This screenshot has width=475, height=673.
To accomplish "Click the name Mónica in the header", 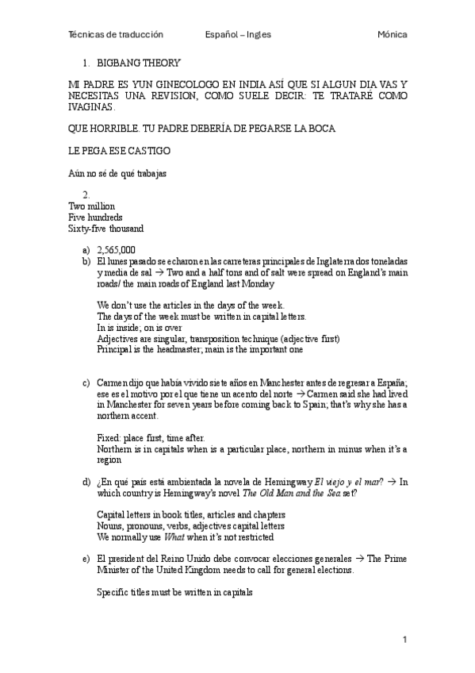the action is pyautogui.click(x=393, y=35).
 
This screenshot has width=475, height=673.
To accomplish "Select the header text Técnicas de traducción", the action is pyautogui.click(x=116, y=35).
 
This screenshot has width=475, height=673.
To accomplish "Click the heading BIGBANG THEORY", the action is pyautogui.click(x=139, y=63).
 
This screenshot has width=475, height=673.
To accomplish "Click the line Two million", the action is pyautogui.click(x=91, y=206).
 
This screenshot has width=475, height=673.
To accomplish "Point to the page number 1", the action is pyautogui.click(x=404, y=640).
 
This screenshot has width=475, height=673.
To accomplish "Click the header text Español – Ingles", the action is pyautogui.click(x=237, y=35).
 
